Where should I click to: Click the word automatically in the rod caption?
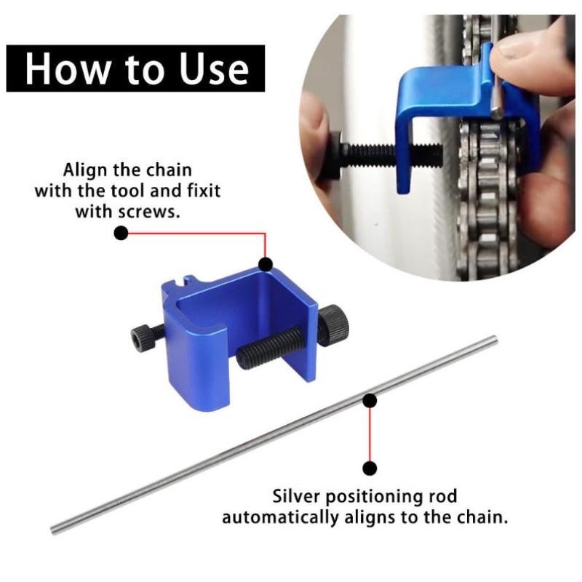click(x=280, y=517)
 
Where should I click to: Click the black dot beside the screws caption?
click(x=121, y=233)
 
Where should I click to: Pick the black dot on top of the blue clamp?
click(x=266, y=264)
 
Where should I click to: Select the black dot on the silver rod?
click(x=370, y=401)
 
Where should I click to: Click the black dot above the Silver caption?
click(x=370, y=468)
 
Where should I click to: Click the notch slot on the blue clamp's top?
click(x=181, y=282)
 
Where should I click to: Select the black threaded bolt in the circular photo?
click(x=386, y=155)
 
